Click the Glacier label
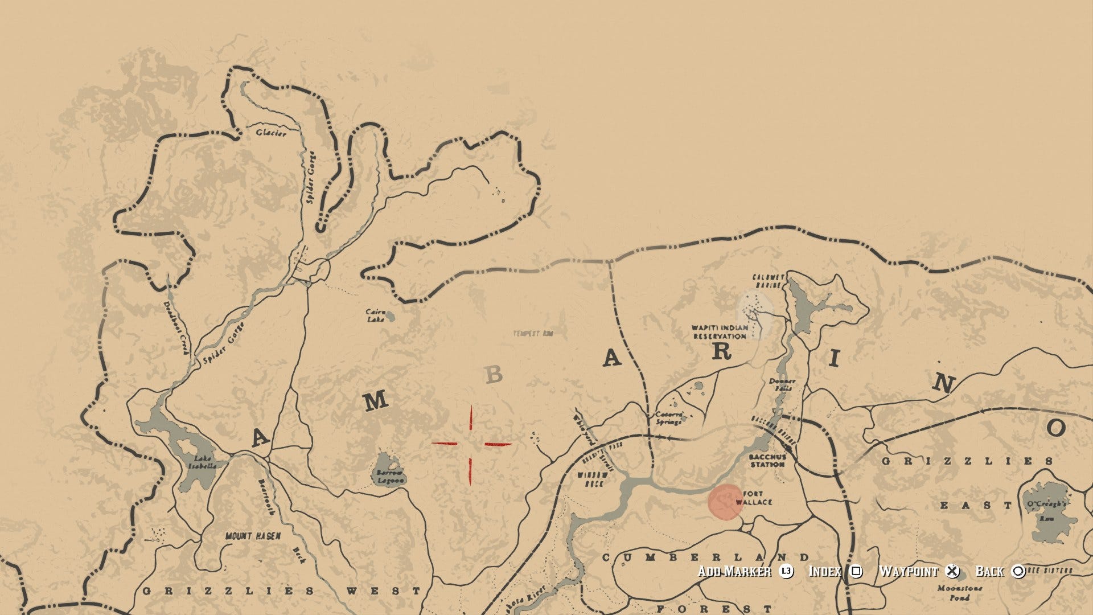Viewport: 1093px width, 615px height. pos(270,133)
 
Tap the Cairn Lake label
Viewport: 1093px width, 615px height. pos(376,315)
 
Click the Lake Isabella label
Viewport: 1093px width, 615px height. pos(203,462)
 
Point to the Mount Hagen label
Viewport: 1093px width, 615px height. pos(253,536)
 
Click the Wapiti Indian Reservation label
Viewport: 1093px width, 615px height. pos(720,332)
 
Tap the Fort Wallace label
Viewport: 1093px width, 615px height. pos(755,498)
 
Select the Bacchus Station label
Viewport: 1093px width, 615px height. pos(767,461)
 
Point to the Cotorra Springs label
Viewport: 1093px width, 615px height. pos(668,418)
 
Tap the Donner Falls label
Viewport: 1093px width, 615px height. pos(782,384)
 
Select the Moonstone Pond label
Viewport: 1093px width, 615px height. pos(959,593)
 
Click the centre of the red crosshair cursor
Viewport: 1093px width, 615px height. pos(471,444)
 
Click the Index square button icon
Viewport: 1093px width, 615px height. pos(856,571)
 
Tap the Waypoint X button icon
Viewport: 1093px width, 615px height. pos(952,571)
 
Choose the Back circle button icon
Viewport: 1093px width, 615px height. pos(1018,571)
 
